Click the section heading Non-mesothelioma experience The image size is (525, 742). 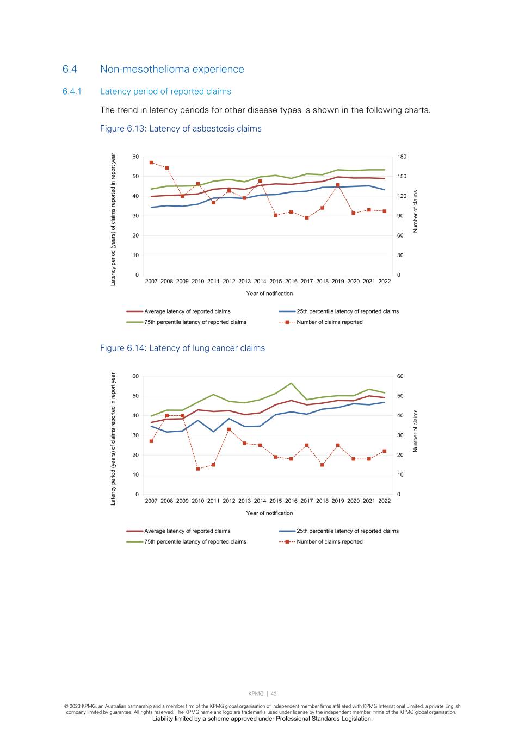coord(172,69)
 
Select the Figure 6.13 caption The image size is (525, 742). coord(181,129)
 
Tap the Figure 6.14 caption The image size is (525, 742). coord(182,348)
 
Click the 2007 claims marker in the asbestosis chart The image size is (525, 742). coord(151,163)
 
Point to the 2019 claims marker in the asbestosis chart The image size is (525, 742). coord(338,185)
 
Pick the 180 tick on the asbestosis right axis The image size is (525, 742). coord(402,157)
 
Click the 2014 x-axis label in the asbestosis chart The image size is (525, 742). coord(260,282)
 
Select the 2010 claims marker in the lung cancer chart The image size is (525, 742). coord(198,469)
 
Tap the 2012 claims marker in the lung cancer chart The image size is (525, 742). coord(229,429)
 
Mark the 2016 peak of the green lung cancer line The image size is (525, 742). coord(291,383)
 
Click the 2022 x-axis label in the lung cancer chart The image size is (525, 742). coord(384,501)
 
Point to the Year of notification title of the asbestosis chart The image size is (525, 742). coord(269,294)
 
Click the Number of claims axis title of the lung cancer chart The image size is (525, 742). coord(416,431)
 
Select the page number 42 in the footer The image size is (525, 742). coord(274,694)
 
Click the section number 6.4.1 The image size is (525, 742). coord(72,91)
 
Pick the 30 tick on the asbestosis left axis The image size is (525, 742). coord(135,216)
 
